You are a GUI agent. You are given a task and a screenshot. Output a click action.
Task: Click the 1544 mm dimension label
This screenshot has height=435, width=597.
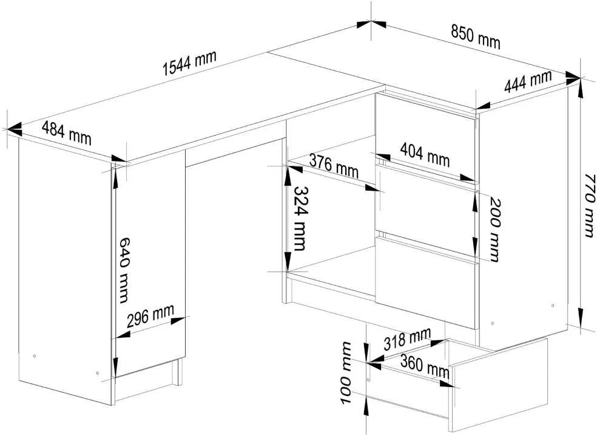point(190,63)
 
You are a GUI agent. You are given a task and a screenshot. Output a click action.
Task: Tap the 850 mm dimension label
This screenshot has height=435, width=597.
point(476,36)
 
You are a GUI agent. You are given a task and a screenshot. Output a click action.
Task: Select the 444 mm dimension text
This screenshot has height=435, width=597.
point(528,81)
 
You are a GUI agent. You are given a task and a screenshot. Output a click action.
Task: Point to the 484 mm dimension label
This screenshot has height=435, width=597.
point(67,133)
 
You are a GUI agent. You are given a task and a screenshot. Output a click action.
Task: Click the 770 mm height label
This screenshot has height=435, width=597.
point(589,205)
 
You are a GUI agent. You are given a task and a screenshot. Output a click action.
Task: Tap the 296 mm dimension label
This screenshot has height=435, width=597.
point(150,316)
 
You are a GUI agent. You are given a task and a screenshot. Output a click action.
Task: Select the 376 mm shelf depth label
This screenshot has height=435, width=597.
point(334,166)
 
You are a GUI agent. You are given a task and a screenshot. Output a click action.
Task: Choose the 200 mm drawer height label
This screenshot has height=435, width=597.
point(494,230)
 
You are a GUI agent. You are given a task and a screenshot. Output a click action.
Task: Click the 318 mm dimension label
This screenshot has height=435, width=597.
point(407,338)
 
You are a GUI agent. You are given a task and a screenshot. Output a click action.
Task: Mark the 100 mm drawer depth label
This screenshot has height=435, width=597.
point(346,372)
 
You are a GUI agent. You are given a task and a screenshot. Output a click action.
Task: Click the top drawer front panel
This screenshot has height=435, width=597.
point(425,135)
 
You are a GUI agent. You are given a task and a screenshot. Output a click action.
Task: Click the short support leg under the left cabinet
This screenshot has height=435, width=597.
point(177,372)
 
